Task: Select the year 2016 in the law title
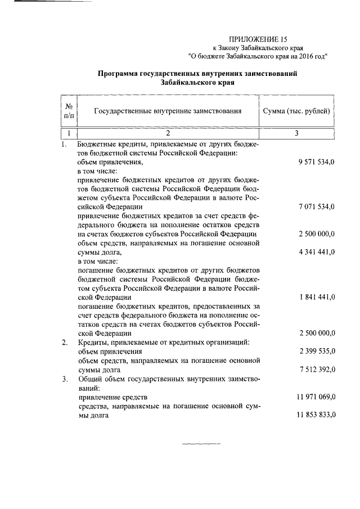click(x=305, y=56)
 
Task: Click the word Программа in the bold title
click(x=117, y=73)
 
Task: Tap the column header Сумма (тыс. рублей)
click(x=296, y=111)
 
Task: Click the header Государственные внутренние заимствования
click(x=167, y=111)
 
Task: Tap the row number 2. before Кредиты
click(x=65, y=343)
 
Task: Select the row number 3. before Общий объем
click(x=65, y=379)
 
